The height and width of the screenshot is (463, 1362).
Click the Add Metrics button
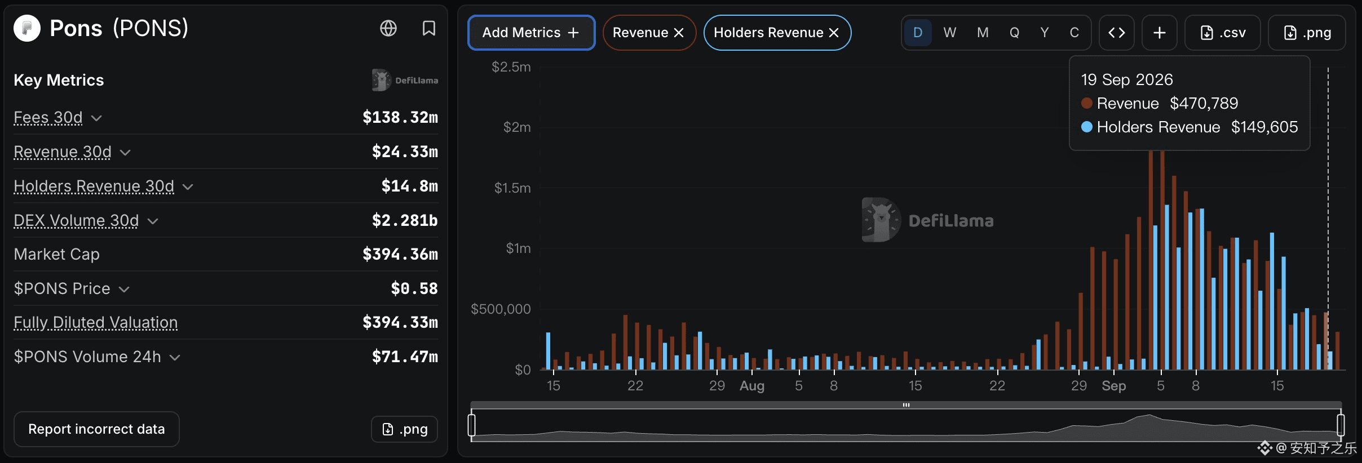click(x=531, y=33)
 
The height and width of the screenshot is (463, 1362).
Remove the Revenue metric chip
click(x=679, y=33)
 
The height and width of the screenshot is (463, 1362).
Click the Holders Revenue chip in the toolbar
click(x=777, y=33)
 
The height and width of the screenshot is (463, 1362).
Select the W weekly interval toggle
click(x=949, y=33)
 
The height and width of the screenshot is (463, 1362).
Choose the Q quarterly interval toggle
click(x=1014, y=33)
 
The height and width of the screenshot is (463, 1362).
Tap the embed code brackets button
click(x=1116, y=33)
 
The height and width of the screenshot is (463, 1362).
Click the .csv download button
click(x=1222, y=33)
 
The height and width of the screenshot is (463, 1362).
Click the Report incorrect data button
click(x=96, y=429)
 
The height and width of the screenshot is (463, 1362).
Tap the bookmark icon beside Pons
click(x=429, y=28)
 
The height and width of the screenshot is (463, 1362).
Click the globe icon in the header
click(x=388, y=28)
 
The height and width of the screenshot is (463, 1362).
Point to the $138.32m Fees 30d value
click(x=400, y=117)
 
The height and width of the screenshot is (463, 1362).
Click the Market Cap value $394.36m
click(x=400, y=254)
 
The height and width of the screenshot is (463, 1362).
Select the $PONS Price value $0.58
click(x=414, y=288)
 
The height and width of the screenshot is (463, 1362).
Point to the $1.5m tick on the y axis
click(x=512, y=188)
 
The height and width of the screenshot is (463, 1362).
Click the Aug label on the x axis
click(x=752, y=386)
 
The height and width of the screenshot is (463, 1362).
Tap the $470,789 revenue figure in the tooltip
click(x=1204, y=103)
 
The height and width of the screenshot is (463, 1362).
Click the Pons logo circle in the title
click(x=27, y=28)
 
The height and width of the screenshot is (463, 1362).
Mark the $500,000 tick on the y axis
click(x=501, y=309)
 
